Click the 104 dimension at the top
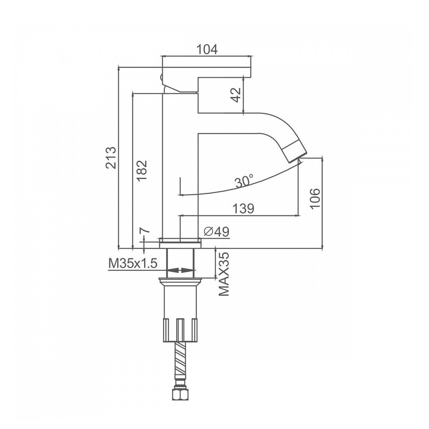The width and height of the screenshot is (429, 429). pyautogui.click(x=207, y=50)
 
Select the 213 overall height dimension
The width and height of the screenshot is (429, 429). pyautogui.click(x=111, y=158)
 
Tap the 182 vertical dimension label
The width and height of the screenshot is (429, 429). pyautogui.click(x=142, y=170)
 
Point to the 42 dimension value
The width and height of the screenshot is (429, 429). pyautogui.click(x=237, y=95)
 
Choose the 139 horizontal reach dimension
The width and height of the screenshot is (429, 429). pyautogui.click(x=243, y=209)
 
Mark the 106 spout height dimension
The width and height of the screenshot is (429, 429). pyautogui.click(x=315, y=198)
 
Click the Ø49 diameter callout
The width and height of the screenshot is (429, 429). pyautogui.click(x=217, y=232)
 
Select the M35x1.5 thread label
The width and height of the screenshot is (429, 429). pyautogui.click(x=133, y=264)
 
